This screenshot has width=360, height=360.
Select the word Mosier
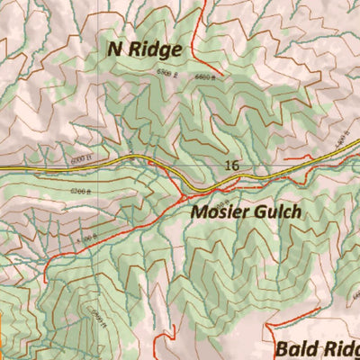(x=219, y=213)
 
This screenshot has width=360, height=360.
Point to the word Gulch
(x=274, y=213)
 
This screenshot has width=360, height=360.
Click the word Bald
(x=296, y=348)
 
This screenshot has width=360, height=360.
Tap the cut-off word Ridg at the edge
(x=340, y=348)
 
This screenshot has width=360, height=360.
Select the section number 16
(x=232, y=166)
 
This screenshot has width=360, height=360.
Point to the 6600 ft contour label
(x=206, y=78)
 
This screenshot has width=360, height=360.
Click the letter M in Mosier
(x=199, y=213)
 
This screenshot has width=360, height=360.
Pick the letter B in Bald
(x=282, y=348)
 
